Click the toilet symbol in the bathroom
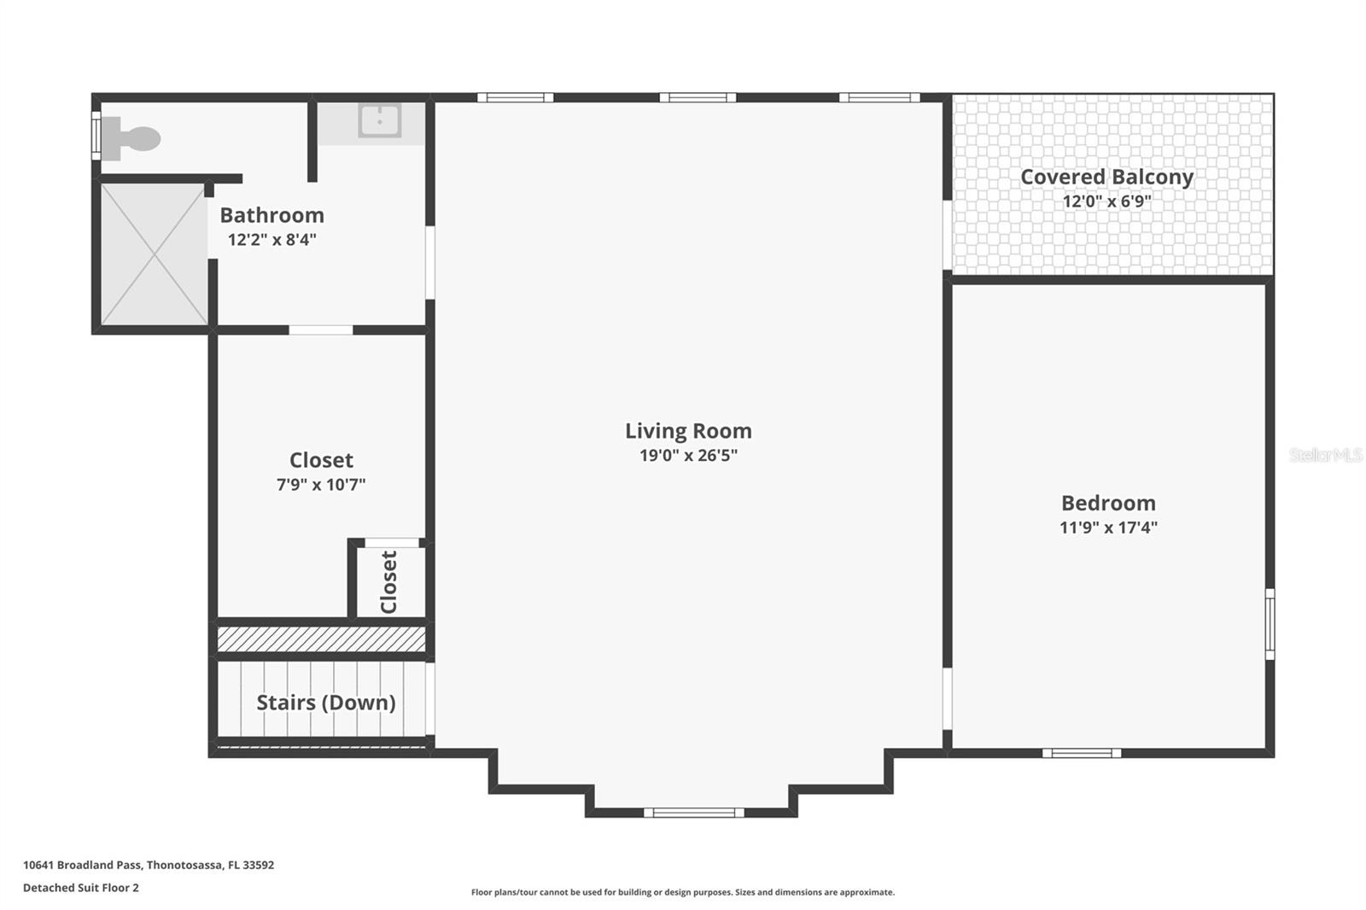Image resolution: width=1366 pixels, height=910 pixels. click(x=131, y=138)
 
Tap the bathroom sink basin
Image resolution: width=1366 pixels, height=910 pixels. click(x=379, y=120)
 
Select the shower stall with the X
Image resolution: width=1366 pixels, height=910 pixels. click(x=154, y=254)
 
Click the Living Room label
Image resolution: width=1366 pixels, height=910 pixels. click(x=688, y=430)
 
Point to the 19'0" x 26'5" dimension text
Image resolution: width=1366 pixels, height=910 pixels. click(x=688, y=456)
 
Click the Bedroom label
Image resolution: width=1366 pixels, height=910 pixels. click(x=1108, y=503)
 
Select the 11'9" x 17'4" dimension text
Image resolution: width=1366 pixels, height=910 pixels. click(x=1108, y=528)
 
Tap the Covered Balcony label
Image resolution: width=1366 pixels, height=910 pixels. click(x=1106, y=177)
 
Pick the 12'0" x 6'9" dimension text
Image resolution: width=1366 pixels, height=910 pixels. click(x=1106, y=201)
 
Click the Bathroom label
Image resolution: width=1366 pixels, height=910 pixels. click(x=272, y=215)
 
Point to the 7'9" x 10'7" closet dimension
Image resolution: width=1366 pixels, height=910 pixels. click(x=321, y=485)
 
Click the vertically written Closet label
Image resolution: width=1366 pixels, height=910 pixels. click(x=389, y=582)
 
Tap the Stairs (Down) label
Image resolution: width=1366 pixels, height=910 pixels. click(x=325, y=703)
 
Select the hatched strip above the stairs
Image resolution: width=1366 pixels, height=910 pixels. click(x=321, y=639)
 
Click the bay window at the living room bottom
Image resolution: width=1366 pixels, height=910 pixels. click(x=694, y=813)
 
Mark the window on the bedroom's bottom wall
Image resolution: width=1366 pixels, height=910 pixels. click(x=1081, y=753)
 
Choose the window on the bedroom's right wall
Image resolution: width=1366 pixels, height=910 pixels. click(x=1270, y=624)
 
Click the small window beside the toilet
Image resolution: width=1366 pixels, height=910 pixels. click(x=96, y=136)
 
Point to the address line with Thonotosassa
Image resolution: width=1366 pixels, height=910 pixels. click(x=149, y=865)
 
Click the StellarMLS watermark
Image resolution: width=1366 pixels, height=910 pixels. click(x=1326, y=455)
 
